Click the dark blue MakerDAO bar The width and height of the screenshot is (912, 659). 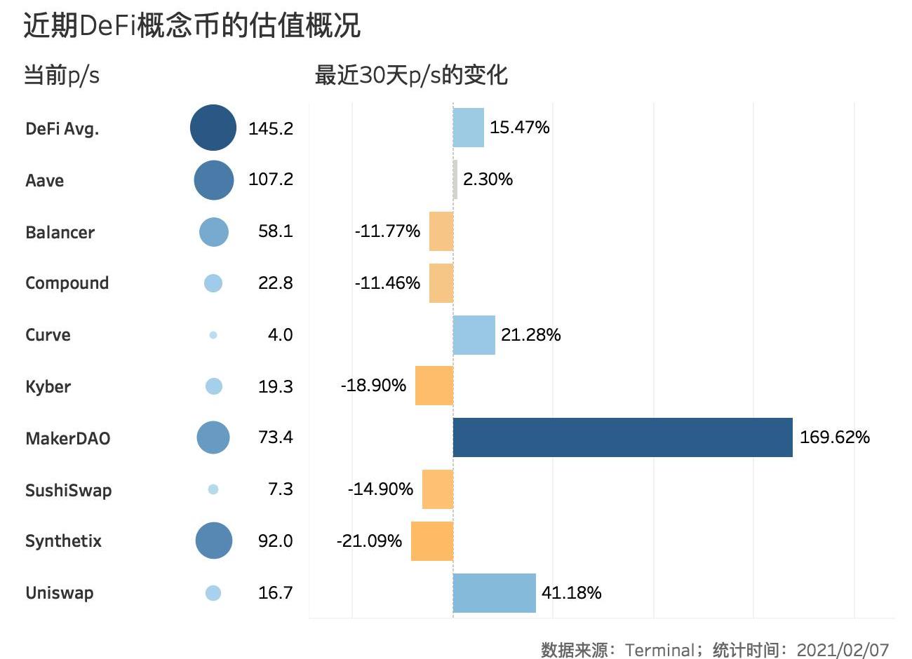(x=622, y=437)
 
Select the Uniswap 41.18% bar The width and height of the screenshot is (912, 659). (x=495, y=593)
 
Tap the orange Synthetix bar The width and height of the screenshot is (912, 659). (x=432, y=541)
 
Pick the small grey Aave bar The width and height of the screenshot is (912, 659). (x=456, y=179)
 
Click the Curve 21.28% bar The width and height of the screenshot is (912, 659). (x=474, y=335)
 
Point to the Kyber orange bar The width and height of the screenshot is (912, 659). (x=434, y=386)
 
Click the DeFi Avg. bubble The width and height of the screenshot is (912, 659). (x=213, y=128)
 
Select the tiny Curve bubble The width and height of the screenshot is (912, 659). (x=213, y=335)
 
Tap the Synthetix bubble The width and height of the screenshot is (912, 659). (x=214, y=541)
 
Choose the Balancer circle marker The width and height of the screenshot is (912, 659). (x=214, y=231)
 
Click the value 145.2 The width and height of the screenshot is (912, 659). (x=271, y=128)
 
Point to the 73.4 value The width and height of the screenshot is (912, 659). (x=276, y=437)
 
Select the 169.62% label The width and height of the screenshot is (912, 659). (x=835, y=437)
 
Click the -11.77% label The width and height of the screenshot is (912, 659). (x=387, y=231)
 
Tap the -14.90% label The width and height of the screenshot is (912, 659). (x=380, y=489)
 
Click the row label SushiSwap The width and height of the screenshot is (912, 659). (x=69, y=490)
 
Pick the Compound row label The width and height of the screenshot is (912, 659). (x=67, y=283)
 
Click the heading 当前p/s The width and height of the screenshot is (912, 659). (x=62, y=75)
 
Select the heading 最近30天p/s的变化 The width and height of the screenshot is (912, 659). (x=411, y=75)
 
